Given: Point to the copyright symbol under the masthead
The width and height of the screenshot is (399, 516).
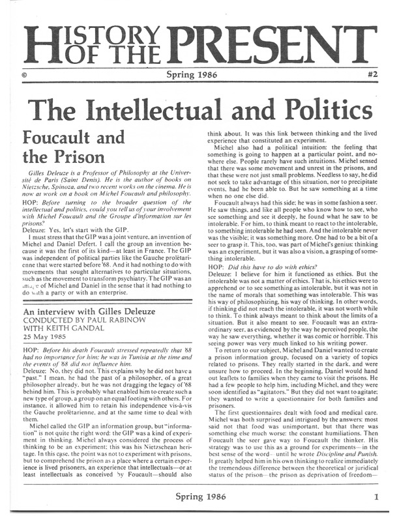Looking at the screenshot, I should click(23, 76).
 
